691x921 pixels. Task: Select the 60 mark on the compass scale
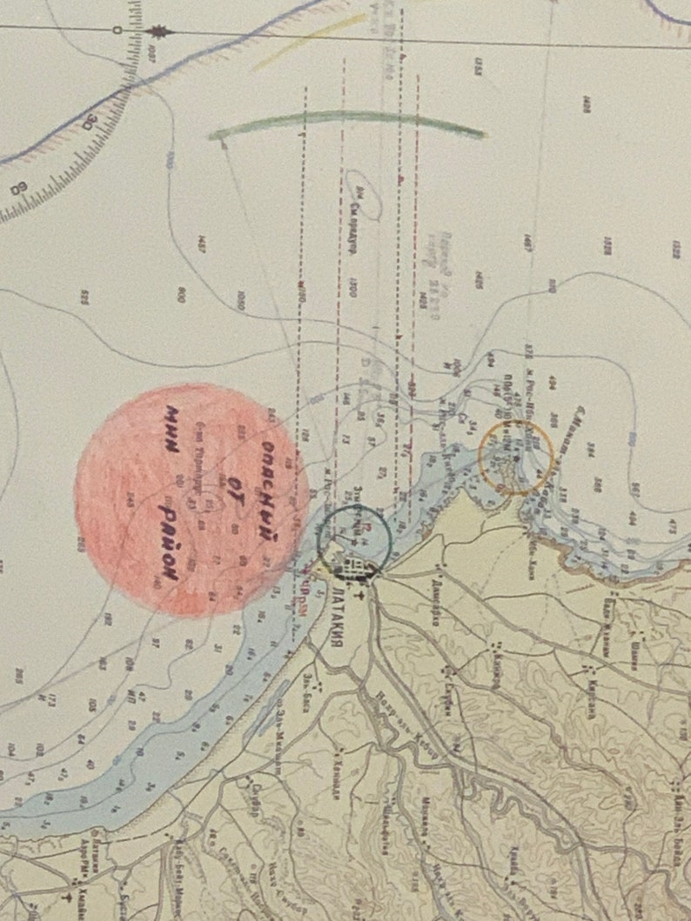point(18,188)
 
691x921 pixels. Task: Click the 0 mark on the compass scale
point(117,31)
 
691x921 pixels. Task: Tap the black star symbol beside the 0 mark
point(158,32)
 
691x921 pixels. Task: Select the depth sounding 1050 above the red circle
point(241,300)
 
